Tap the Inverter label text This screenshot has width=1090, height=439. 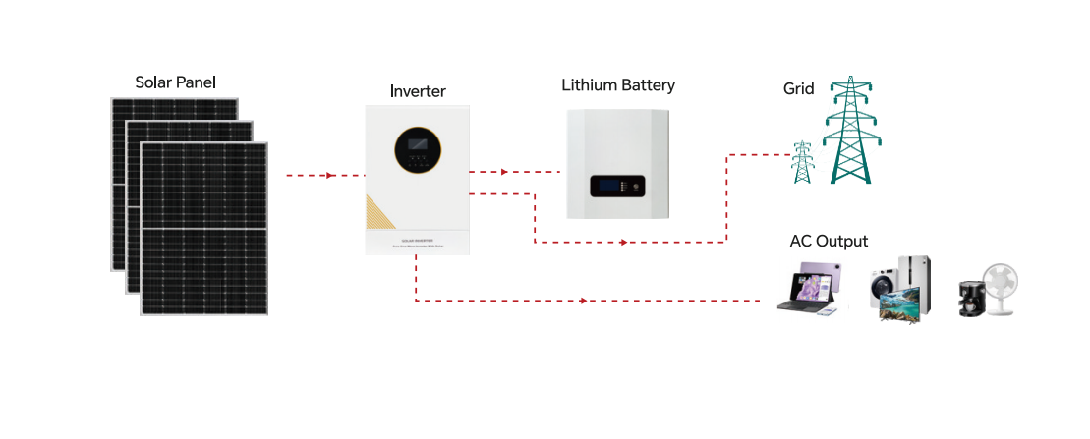pos(418,91)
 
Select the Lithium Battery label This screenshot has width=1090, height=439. pos(618,85)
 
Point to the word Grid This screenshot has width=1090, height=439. pos(798,88)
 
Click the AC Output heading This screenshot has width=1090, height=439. pos(829,241)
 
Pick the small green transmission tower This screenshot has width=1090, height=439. pos(802,162)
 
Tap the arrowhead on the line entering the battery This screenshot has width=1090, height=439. pos(505,172)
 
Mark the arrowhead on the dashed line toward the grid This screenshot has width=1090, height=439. pos(623,242)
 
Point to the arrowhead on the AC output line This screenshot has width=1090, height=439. pos(585,301)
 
